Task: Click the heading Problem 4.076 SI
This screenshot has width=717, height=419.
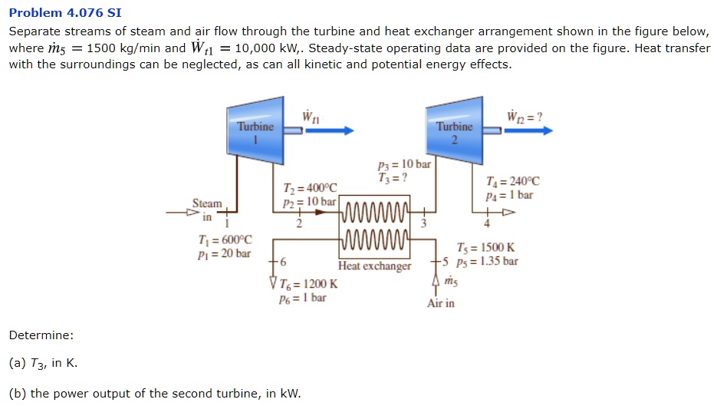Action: [65, 13]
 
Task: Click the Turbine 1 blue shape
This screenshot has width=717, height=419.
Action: [255, 131]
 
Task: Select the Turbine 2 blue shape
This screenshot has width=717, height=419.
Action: [456, 131]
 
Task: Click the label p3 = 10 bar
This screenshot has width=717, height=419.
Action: [405, 164]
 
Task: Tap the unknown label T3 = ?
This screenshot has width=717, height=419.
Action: [393, 177]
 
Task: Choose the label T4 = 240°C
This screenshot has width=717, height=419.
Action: [513, 182]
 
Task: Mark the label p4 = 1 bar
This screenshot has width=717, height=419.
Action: [509, 195]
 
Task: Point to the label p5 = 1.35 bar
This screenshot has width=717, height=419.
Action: [487, 260]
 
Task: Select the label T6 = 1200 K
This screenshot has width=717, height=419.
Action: [308, 284]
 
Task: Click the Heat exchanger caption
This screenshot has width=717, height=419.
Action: [375, 266]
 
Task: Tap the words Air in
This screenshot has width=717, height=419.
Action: [441, 303]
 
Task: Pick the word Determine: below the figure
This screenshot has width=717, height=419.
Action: [41, 335]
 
